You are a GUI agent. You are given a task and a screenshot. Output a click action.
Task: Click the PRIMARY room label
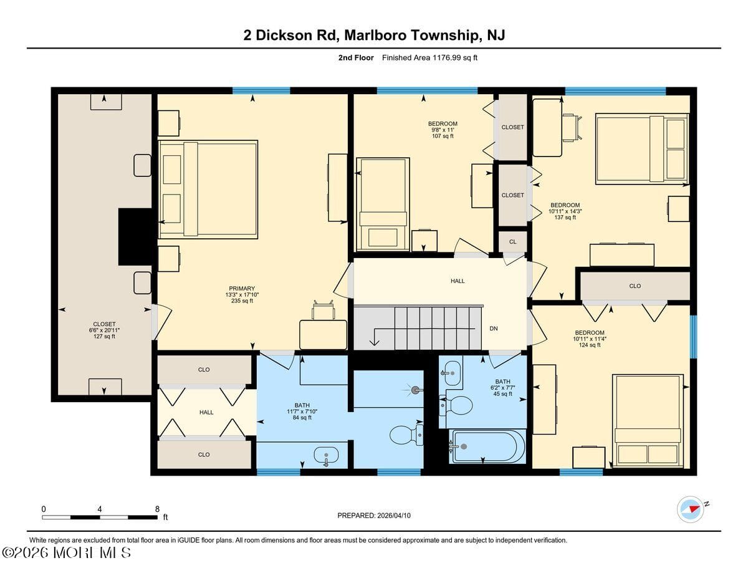[x=242, y=289]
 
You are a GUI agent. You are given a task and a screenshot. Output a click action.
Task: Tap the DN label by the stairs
[x=493, y=329]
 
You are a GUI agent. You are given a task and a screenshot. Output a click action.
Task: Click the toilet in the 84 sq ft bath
[x=406, y=435]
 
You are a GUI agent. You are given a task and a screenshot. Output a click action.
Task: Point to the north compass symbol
[x=690, y=509]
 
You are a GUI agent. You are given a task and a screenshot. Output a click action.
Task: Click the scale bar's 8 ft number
[x=157, y=509]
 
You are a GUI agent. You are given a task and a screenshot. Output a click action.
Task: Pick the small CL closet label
[x=512, y=242]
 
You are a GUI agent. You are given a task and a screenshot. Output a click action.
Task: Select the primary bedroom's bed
[x=208, y=190]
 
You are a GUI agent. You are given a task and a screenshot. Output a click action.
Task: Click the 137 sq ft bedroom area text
[x=565, y=217]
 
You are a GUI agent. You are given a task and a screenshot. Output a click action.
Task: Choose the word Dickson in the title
[x=284, y=35]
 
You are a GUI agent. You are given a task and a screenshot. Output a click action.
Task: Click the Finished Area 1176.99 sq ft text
[x=429, y=58]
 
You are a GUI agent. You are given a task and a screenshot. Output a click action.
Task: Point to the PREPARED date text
[x=374, y=516]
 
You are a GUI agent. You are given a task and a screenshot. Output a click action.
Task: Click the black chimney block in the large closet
[x=135, y=236]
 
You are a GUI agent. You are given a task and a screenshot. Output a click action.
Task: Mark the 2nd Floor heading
[x=356, y=58]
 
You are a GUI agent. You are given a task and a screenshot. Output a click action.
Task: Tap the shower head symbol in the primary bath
[x=416, y=390]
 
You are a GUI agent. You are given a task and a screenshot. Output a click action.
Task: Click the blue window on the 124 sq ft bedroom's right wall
[x=693, y=337]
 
